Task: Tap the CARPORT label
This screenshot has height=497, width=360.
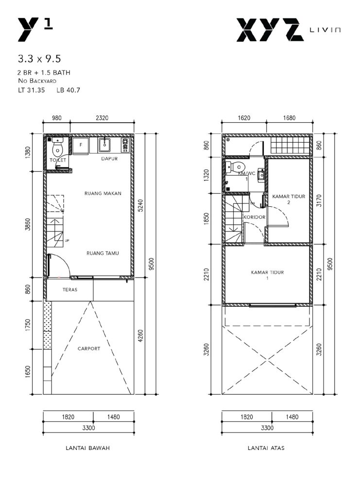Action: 89,348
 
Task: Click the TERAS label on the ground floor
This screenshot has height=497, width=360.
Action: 70,289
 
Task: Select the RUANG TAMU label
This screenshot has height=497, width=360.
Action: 103,253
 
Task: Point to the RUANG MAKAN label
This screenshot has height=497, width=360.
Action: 103,193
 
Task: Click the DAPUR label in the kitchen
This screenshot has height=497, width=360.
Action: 109,159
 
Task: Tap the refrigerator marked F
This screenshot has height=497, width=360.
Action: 81,146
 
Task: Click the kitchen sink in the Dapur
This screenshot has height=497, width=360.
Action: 104,145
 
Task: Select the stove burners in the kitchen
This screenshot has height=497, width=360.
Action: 125,145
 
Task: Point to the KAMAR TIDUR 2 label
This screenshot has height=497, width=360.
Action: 289,199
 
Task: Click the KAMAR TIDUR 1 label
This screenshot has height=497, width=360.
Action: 267,275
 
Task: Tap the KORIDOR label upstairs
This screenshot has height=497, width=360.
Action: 255,217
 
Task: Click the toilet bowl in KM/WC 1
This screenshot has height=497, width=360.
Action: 236,166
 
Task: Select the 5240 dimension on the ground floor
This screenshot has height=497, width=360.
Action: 141,205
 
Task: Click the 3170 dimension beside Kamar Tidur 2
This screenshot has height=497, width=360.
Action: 319,200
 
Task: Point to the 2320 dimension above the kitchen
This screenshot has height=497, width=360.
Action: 102,118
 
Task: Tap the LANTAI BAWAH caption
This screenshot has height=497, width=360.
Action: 87,448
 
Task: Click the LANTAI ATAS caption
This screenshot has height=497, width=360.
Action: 266,448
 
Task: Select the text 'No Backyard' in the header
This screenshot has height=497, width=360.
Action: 37,81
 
